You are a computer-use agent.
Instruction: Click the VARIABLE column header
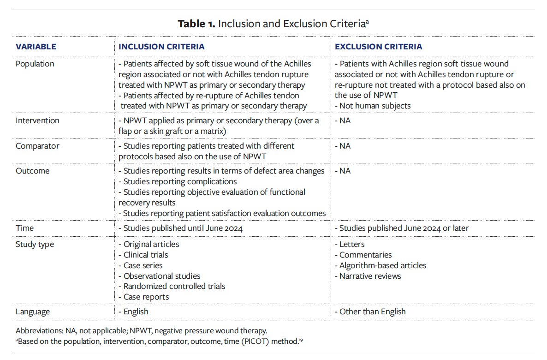point(36,47)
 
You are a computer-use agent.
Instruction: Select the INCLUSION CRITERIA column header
point(161,47)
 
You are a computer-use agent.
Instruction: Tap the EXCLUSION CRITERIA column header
point(378,47)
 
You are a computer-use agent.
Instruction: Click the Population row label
point(35,64)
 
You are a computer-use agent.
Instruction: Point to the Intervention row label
point(37,120)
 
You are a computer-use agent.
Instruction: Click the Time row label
point(25,228)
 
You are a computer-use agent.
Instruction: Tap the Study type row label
point(35,244)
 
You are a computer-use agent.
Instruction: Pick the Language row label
point(33,312)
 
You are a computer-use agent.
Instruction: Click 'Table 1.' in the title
point(196,24)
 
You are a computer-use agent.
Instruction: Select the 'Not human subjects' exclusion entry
point(375,106)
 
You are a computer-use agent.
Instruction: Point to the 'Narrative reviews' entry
point(370,276)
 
